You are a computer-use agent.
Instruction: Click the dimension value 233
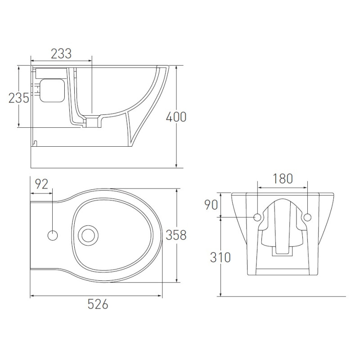pos(61,54)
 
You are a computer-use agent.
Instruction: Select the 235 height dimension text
pos(19,98)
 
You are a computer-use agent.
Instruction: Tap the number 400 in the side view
pos(176,117)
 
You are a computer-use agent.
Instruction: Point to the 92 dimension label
pos(41,184)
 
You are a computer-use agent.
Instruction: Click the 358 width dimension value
pos(176,235)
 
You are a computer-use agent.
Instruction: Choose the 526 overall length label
pos(98,304)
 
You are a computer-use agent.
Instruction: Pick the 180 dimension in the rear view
pos(283,179)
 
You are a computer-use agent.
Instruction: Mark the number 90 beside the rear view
pos(211,205)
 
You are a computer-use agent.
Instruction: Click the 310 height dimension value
pos(220,257)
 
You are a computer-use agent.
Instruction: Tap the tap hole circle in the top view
pos(53,235)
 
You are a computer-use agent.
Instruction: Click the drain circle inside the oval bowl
pos(88,235)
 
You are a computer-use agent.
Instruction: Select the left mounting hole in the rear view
pos(257,217)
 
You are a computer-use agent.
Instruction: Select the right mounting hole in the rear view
pos(307,217)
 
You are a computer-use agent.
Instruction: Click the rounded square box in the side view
pos(52,90)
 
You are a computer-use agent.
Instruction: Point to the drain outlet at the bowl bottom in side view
pos(93,122)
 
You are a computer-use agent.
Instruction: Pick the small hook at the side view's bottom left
pos(35,143)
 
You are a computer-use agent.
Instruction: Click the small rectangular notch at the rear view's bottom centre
pos(282,252)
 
